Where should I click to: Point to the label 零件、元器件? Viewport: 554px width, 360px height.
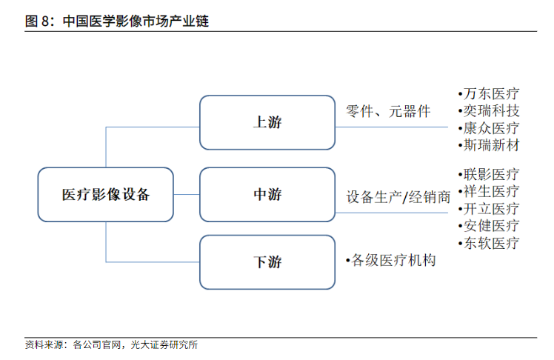(x=388, y=111)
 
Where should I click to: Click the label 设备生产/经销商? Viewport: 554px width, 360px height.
(x=398, y=197)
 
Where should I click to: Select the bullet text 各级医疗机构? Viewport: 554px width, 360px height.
(x=391, y=261)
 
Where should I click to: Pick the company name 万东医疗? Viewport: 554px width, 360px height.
(x=491, y=94)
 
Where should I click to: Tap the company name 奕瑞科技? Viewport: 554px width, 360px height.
(x=491, y=111)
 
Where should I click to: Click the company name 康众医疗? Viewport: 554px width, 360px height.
(x=491, y=128)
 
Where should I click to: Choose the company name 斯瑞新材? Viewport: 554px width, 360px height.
(x=491, y=145)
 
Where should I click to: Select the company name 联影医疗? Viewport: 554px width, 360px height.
(x=491, y=174)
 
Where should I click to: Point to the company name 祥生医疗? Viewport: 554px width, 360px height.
(x=491, y=192)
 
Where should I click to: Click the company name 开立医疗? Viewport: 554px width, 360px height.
(x=491, y=208)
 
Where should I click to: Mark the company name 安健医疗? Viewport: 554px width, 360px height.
(x=491, y=225)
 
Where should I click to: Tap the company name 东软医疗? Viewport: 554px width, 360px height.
(x=491, y=243)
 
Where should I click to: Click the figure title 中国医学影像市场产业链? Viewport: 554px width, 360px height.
(x=136, y=21)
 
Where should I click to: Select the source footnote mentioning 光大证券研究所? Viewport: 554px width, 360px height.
(x=111, y=344)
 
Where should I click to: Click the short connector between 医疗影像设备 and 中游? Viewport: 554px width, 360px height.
(x=187, y=194)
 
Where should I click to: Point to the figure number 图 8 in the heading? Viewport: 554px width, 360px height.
(x=37, y=21)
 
